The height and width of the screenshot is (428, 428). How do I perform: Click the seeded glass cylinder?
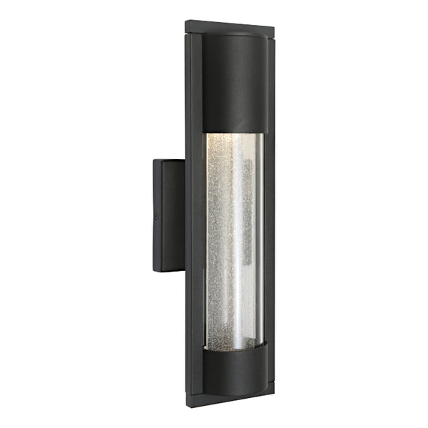click(232, 243)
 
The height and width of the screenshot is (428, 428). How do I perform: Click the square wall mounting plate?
click(168, 214)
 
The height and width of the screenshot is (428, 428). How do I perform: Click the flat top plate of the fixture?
click(228, 26)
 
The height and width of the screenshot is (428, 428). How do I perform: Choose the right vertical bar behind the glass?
click(268, 214)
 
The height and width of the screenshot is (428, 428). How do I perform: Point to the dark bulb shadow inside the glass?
click(246, 214)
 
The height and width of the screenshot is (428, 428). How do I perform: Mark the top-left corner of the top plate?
click(186, 23)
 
